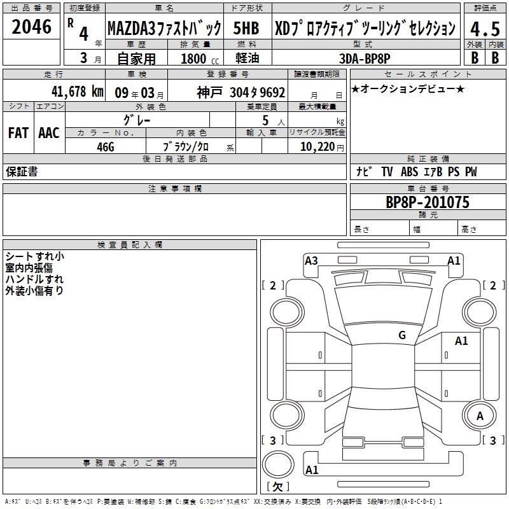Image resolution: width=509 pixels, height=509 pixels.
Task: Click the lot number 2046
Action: (x=31, y=27)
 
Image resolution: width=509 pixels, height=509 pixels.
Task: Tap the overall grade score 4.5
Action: (x=485, y=29)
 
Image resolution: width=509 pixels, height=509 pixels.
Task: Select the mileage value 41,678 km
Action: (x=77, y=92)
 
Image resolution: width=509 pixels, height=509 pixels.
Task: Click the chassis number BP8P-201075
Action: (x=427, y=202)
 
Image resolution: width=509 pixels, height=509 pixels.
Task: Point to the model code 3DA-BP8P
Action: (x=365, y=59)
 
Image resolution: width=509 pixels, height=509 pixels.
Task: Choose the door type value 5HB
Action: (x=246, y=28)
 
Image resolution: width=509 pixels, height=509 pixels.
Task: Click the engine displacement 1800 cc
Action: (x=200, y=59)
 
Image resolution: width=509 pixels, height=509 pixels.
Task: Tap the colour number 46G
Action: (x=106, y=147)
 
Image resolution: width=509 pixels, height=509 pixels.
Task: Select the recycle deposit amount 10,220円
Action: (x=322, y=147)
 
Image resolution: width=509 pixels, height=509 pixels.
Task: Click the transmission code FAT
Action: (x=18, y=133)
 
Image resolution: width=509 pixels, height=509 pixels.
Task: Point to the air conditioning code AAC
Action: (x=49, y=133)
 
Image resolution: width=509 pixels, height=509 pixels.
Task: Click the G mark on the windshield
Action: (x=402, y=335)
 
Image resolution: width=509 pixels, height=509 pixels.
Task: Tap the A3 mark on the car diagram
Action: (x=311, y=260)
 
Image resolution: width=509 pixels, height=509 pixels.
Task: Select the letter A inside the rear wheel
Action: (x=480, y=416)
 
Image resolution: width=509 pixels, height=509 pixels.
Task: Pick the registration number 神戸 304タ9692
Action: (x=241, y=92)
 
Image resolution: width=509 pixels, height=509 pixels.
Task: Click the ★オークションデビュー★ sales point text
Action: (x=408, y=89)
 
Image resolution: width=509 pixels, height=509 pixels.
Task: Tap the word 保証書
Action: (x=22, y=171)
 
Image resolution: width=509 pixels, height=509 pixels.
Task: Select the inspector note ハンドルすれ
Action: (x=34, y=279)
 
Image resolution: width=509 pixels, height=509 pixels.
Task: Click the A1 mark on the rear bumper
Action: (x=312, y=470)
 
